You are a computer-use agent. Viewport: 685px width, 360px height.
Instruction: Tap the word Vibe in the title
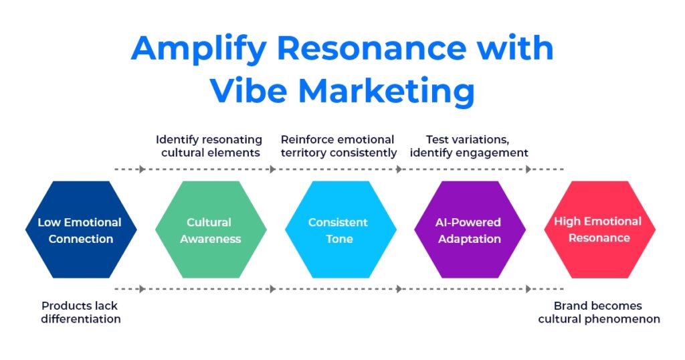click(251, 90)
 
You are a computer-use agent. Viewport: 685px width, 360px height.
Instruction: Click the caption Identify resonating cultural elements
click(209, 146)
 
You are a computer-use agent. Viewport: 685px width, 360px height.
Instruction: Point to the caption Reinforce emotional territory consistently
click(338, 146)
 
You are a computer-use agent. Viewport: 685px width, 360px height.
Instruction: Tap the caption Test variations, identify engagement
click(469, 146)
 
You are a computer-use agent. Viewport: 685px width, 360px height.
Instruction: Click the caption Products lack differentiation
click(80, 312)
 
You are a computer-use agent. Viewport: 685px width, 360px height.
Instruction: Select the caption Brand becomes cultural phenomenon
click(599, 312)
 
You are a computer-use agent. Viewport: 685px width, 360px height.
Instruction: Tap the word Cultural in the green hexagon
click(209, 222)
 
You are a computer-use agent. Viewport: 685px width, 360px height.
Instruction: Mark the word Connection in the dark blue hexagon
click(81, 239)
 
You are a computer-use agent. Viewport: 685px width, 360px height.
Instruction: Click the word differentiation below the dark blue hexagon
click(81, 319)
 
